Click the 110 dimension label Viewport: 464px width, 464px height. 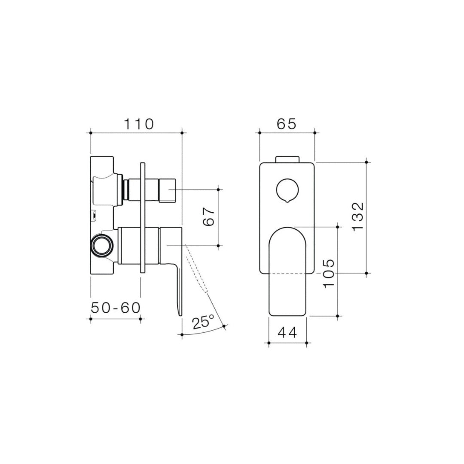click(138, 124)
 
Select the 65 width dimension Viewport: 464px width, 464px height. click(287, 124)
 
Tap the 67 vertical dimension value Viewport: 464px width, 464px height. click(208, 217)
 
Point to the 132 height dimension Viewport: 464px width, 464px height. click(358, 217)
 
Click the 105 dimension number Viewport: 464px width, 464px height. click(328, 274)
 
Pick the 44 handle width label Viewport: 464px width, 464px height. click(287, 333)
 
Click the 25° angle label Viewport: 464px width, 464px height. click(204, 321)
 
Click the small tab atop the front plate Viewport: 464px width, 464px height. click(287, 159)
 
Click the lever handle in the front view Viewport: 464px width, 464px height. click(287, 271)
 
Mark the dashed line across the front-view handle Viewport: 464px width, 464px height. click(287, 274)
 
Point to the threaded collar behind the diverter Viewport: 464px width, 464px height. click(126, 189)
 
